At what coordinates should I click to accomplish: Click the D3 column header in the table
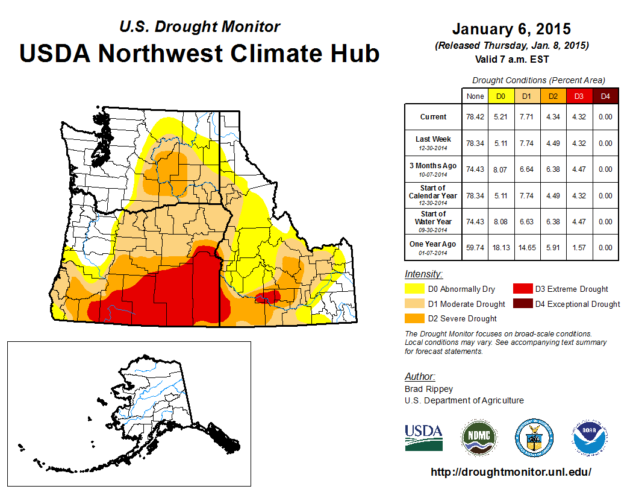tap(579, 96)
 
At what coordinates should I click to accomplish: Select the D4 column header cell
tap(606, 96)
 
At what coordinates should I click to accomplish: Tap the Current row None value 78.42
tap(475, 117)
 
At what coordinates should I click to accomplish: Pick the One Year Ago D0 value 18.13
tap(500, 247)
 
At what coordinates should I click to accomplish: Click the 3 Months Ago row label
tap(433, 169)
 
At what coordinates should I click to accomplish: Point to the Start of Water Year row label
tap(433, 221)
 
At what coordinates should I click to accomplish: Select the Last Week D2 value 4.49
tap(553, 143)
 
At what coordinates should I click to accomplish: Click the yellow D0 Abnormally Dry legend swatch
tap(416, 289)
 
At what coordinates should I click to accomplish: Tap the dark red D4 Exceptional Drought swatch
tap(523, 304)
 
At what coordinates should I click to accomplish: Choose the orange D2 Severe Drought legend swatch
tap(416, 318)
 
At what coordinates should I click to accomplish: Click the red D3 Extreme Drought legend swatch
tap(523, 289)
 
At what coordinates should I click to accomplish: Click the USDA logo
tap(423, 437)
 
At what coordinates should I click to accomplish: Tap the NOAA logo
tap(590, 437)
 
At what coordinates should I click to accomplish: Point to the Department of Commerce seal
tap(534, 437)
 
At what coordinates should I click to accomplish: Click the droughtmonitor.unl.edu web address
tap(511, 472)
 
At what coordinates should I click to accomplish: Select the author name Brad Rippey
tap(428, 389)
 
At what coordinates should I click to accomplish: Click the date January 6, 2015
tap(511, 29)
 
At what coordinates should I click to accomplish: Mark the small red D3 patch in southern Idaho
tap(267, 297)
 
